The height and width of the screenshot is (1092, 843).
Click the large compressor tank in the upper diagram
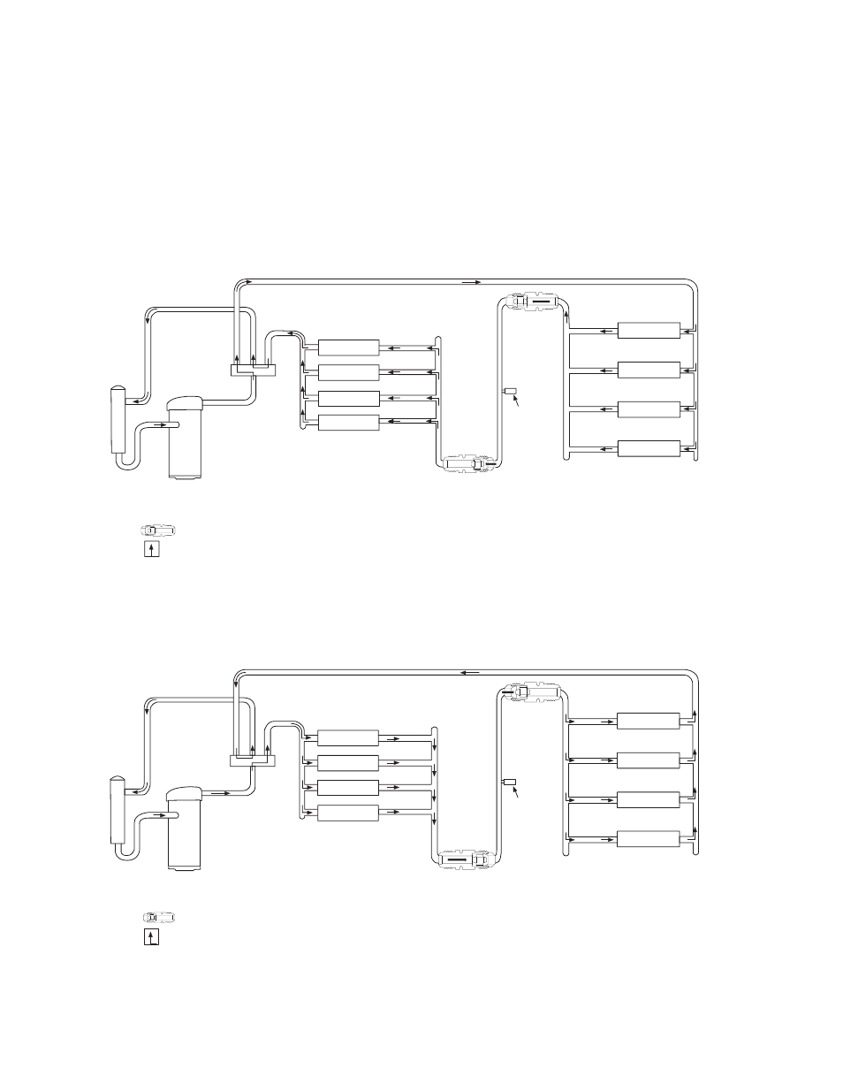point(186,439)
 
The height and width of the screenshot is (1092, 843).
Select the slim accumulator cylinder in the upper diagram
point(118,420)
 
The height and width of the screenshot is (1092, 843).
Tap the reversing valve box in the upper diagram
point(254,370)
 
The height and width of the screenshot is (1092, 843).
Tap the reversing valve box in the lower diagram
point(254,760)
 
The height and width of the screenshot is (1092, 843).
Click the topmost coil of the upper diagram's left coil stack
point(348,347)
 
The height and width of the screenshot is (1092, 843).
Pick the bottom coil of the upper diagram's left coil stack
point(348,423)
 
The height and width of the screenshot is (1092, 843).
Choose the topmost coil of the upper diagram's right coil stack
point(649,331)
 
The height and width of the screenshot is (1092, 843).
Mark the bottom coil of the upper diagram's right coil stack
point(649,448)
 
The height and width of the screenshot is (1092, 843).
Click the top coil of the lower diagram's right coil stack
point(649,721)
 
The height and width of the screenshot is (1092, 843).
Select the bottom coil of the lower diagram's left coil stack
point(348,813)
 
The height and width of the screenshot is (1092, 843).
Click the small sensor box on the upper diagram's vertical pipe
point(510,390)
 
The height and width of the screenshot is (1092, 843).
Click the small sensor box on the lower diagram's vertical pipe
point(510,782)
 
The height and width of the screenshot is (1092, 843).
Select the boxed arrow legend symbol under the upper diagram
point(153,549)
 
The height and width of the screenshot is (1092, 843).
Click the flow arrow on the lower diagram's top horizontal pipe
point(471,672)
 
